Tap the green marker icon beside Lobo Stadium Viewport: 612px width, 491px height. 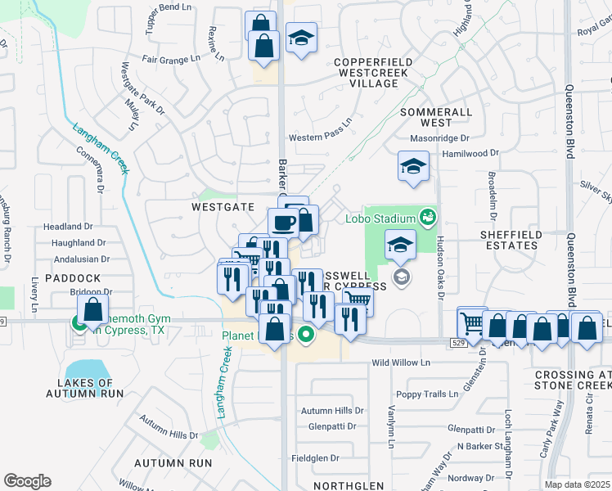pyautogui.click(x=426, y=217)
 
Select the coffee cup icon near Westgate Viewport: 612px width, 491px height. pyautogui.click(x=284, y=222)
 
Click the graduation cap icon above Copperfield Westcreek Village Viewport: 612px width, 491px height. pyautogui.click(x=301, y=38)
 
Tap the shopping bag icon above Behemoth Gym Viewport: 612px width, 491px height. pyautogui.click(x=93, y=310)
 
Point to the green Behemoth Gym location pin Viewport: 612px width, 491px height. pyautogui.click(x=79, y=323)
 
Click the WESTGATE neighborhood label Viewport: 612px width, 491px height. pyautogui.click(x=223, y=208)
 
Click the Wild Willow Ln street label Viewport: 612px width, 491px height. pyautogui.click(x=401, y=363)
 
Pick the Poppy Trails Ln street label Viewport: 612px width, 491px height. pyautogui.click(x=427, y=394)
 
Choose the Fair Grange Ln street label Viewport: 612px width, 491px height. pyautogui.click(x=171, y=59)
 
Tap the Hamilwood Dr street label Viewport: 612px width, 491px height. pyautogui.click(x=470, y=153)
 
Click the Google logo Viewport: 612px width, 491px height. pyautogui.click(x=27, y=481)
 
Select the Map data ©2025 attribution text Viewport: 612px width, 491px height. pyautogui.click(x=578, y=484)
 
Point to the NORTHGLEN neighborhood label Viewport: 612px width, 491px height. pyautogui.click(x=348, y=485)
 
